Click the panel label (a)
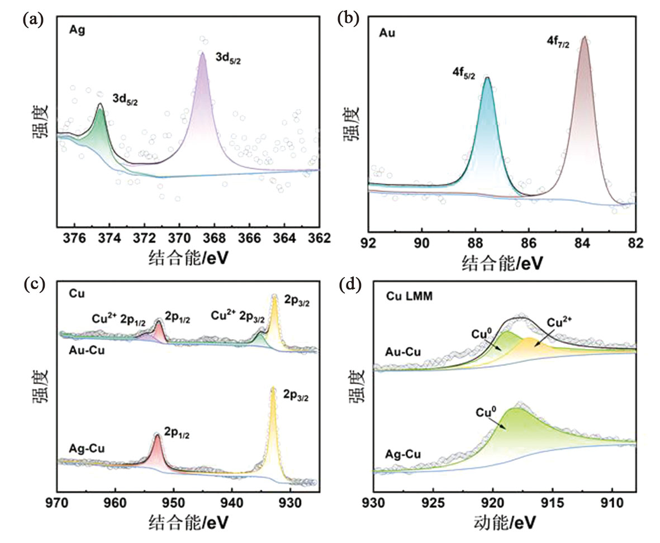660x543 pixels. (30, 20)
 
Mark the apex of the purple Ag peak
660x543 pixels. (202, 52)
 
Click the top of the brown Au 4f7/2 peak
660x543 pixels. (585, 37)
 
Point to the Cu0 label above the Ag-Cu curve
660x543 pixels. (486, 412)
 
